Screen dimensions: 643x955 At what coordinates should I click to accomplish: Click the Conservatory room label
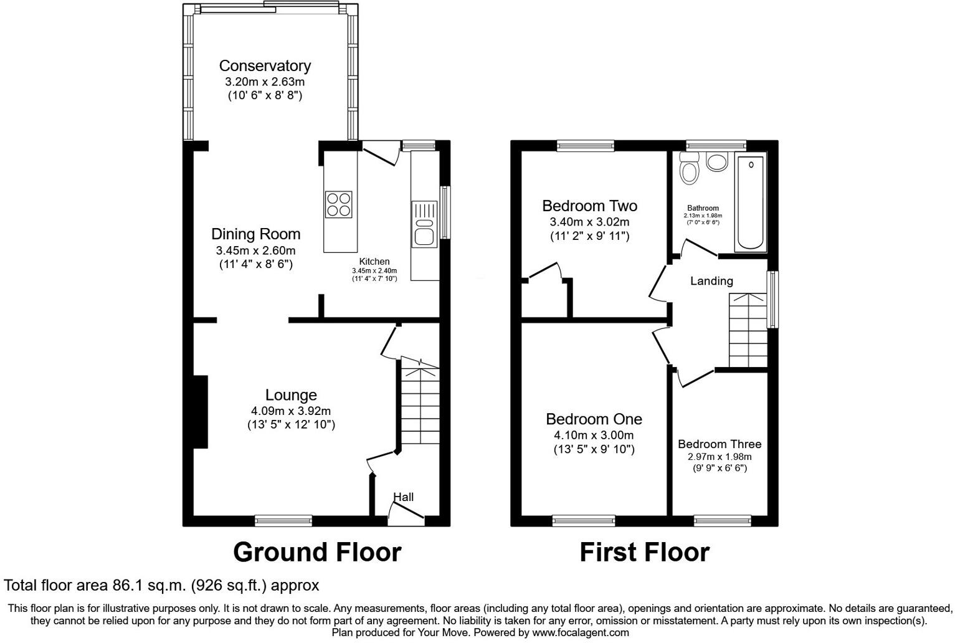(x=265, y=65)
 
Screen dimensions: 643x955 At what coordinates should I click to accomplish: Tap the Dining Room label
(x=255, y=234)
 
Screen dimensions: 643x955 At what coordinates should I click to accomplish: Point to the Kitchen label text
(x=374, y=262)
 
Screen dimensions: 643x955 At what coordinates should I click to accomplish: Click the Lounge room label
(x=291, y=395)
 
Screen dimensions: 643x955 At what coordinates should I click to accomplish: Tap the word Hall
(x=403, y=497)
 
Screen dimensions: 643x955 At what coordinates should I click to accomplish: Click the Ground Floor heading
(x=317, y=553)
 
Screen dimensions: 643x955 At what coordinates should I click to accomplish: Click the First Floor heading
(x=644, y=553)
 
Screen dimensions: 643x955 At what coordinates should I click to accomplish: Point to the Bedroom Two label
(x=589, y=206)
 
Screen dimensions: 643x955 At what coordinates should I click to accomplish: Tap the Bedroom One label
(x=594, y=419)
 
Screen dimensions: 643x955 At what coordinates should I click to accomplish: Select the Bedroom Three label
(x=720, y=444)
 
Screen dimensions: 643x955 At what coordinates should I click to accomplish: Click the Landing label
(x=711, y=281)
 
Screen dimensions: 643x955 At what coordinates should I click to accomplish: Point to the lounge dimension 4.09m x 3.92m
(x=291, y=411)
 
